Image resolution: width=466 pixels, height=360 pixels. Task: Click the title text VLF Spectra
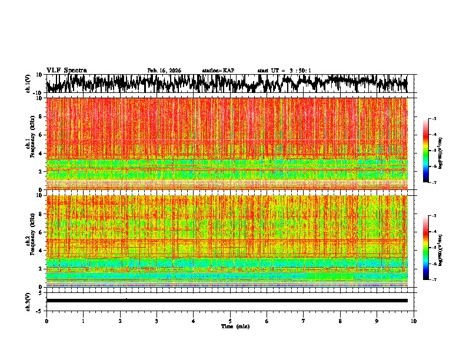(66, 71)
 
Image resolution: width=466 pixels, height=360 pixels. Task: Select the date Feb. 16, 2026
(164, 71)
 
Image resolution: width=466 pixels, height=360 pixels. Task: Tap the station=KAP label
(218, 71)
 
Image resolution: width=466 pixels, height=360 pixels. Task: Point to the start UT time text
(284, 71)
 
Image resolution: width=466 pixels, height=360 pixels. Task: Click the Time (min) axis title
(235, 326)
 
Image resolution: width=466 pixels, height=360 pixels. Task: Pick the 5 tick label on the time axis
(230, 321)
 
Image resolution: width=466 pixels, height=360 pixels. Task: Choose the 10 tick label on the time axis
(414, 321)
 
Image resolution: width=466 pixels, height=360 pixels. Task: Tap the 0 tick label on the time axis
(46, 321)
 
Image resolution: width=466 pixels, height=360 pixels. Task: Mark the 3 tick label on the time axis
(157, 321)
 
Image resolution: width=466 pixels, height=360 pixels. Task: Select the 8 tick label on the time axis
(340, 321)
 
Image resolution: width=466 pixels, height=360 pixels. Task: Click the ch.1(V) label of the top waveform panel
(28, 83)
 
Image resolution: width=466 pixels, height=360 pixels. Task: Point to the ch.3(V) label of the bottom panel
(28, 301)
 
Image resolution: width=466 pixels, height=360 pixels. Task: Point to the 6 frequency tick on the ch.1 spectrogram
(41, 135)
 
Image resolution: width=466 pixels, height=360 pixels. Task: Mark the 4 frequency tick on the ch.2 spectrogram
(41, 250)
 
